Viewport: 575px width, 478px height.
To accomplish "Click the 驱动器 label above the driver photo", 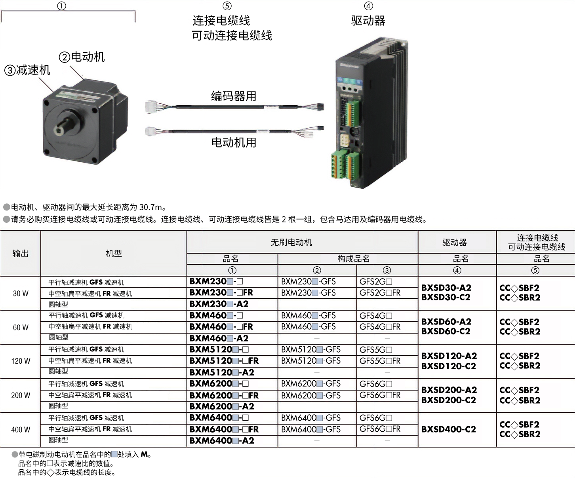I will pos(368,21).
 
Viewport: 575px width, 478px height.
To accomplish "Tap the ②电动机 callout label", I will pos(82,57).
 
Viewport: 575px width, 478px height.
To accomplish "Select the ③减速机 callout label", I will pos(27,70).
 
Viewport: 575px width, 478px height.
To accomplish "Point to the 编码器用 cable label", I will pos(234,96).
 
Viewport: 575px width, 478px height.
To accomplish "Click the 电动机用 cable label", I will pos(234,142).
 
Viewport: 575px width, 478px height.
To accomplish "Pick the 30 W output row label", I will pos(21,293).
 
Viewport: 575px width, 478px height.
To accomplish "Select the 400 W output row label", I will pos(21,429).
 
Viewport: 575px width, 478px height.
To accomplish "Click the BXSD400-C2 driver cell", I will pos(448,429).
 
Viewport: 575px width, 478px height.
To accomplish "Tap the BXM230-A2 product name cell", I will pos(219,304).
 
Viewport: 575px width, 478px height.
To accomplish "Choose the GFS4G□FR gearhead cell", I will pos(380,327).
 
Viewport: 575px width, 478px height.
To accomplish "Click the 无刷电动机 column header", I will pos(291,242).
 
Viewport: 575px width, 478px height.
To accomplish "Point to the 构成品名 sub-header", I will pos(353,259).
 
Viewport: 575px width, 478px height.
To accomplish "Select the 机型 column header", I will pos(114,253).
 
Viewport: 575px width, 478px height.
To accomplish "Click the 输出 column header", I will pos(21,253).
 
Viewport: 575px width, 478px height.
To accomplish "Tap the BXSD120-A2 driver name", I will pos(449,356).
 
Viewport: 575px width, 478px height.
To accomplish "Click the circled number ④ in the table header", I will pos(457,270).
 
